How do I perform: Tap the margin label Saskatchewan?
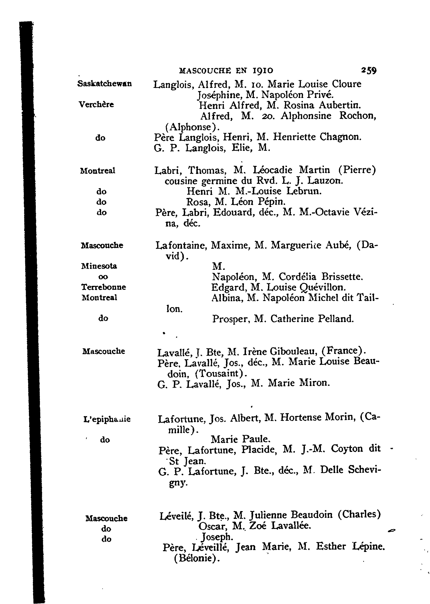(x=105, y=84)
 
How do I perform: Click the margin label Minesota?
(x=99, y=266)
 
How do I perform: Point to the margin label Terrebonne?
(x=104, y=287)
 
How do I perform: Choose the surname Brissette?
(x=342, y=277)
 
